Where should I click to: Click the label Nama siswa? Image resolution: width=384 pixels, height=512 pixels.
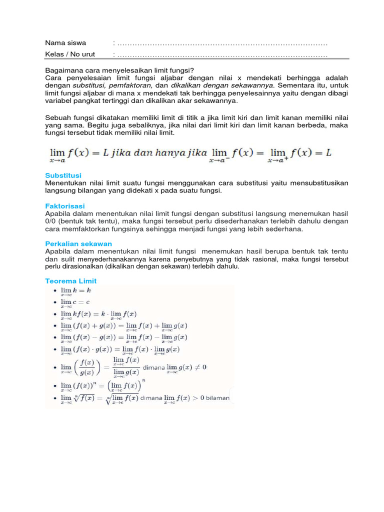[65, 43]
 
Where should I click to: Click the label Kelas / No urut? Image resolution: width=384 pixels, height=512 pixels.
[70, 54]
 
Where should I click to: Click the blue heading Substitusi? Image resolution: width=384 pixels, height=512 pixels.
[63, 175]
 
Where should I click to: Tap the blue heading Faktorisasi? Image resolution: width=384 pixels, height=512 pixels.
[64, 205]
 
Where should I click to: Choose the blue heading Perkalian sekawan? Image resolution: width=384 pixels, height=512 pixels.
[78, 243]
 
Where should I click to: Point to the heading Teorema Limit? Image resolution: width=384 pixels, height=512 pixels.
[70, 281]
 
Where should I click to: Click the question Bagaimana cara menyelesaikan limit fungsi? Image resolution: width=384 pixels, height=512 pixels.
[119, 70]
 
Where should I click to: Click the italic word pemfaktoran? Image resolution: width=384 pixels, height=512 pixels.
[128, 85]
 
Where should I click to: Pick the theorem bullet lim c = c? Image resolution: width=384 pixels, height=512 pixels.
[75, 302]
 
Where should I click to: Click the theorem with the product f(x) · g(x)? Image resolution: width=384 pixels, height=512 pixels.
[120, 350]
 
